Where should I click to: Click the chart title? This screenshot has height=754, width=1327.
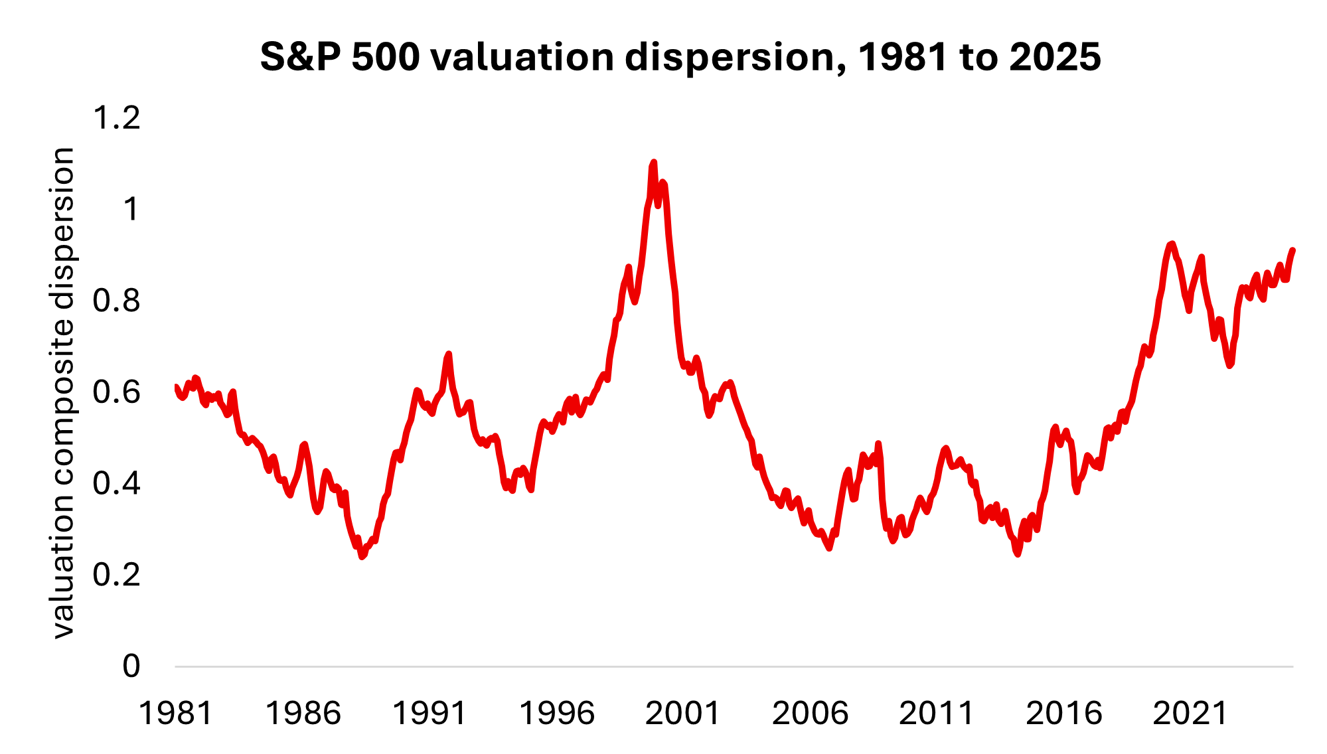point(680,57)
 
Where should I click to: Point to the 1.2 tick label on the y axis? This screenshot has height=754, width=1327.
point(117,118)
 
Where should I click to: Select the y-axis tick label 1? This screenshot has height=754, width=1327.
point(131,209)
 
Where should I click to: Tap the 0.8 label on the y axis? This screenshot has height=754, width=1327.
point(117,301)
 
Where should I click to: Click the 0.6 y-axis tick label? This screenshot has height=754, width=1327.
point(117,392)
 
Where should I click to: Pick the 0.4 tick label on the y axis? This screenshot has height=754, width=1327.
point(117,483)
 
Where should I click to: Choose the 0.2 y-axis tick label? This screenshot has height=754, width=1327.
point(117,575)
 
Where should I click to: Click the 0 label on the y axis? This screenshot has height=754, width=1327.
point(131,666)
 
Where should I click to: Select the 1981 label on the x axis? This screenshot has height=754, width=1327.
point(176,714)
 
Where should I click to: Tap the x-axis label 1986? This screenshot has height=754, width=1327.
point(303,714)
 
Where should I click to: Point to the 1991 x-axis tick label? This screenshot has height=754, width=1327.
point(429,714)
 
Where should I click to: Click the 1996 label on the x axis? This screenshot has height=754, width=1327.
point(556,714)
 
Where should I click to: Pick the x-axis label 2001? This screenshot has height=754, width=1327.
point(683,714)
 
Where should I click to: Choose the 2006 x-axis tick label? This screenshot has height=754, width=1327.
point(810,714)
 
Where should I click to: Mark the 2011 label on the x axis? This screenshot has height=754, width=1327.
point(937,714)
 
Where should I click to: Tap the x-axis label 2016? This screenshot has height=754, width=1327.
point(1063,714)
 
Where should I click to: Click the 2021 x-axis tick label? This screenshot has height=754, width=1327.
point(1190,714)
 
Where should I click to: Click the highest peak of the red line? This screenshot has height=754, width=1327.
point(653,163)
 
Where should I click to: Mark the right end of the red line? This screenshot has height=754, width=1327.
point(1292,250)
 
